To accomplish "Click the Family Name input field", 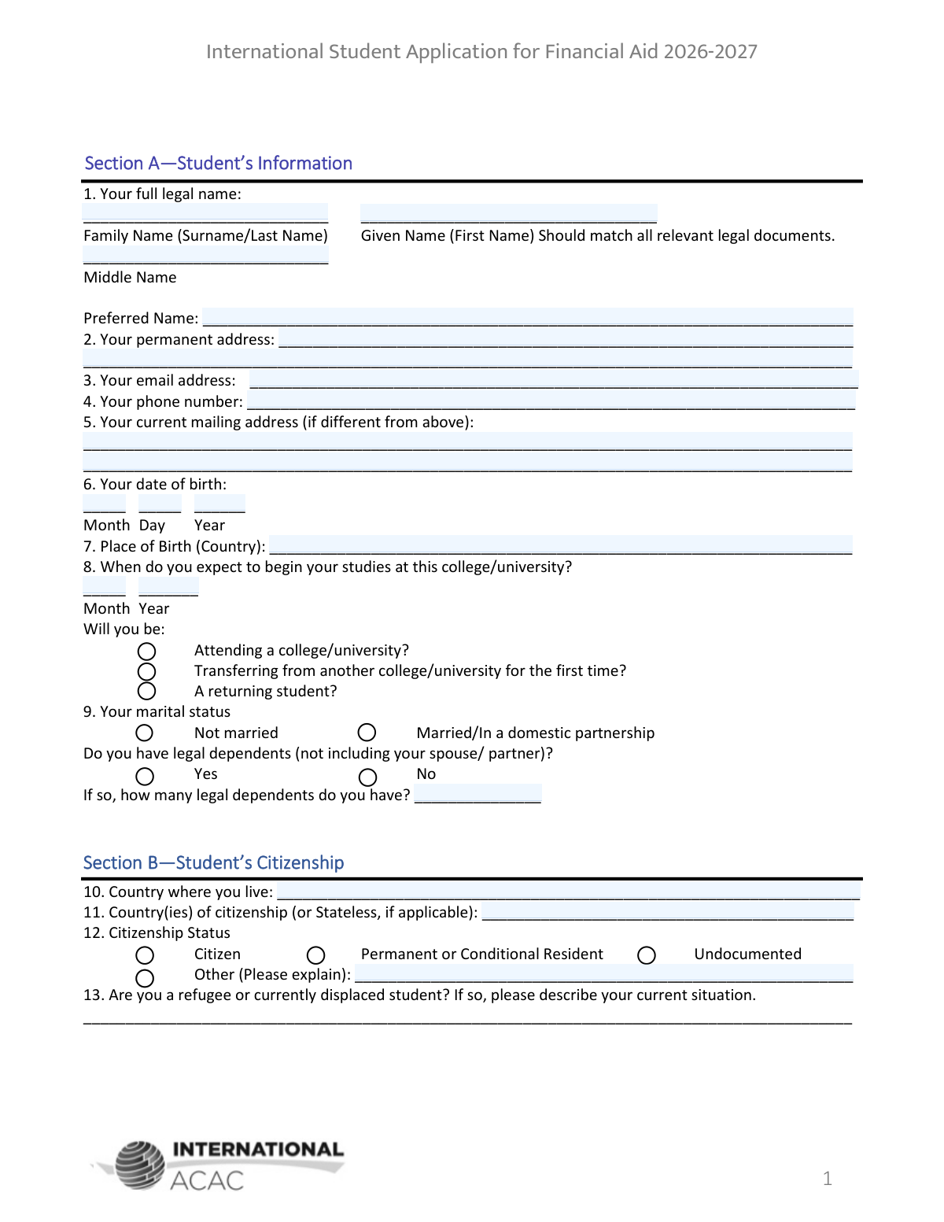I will point(205,213).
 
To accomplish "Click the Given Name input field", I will point(508,213).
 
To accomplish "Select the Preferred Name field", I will point(527,317).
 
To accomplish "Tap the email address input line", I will point(553,380).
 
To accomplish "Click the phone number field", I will point(551,401).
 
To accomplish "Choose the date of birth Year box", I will point(219,504).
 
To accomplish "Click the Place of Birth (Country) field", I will point(560,545).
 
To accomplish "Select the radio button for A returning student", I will point(146,691).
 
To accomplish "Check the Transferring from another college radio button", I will point(146,671).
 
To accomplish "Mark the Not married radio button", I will point(145,733).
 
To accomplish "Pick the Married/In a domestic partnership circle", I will point(367,733).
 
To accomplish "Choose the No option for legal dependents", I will point(367,777).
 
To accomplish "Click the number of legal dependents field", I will point(478,794).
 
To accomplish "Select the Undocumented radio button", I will point(647,955).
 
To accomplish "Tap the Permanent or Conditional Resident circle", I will point(316,955).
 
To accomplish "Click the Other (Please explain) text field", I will point(603,974).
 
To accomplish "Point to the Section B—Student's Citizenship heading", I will point(213,862).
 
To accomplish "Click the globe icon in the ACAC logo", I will point(140,1165).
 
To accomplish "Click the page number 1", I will point(827,1178).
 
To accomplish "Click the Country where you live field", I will point(568,892).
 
